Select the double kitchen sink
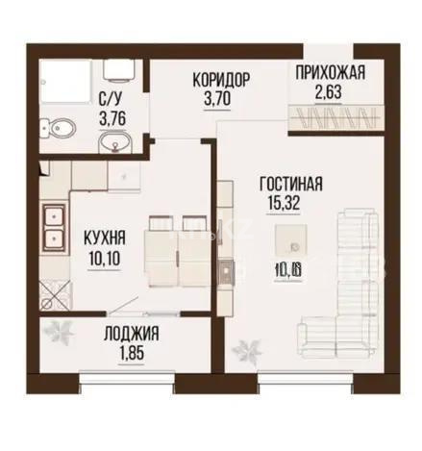click(54, 223)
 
